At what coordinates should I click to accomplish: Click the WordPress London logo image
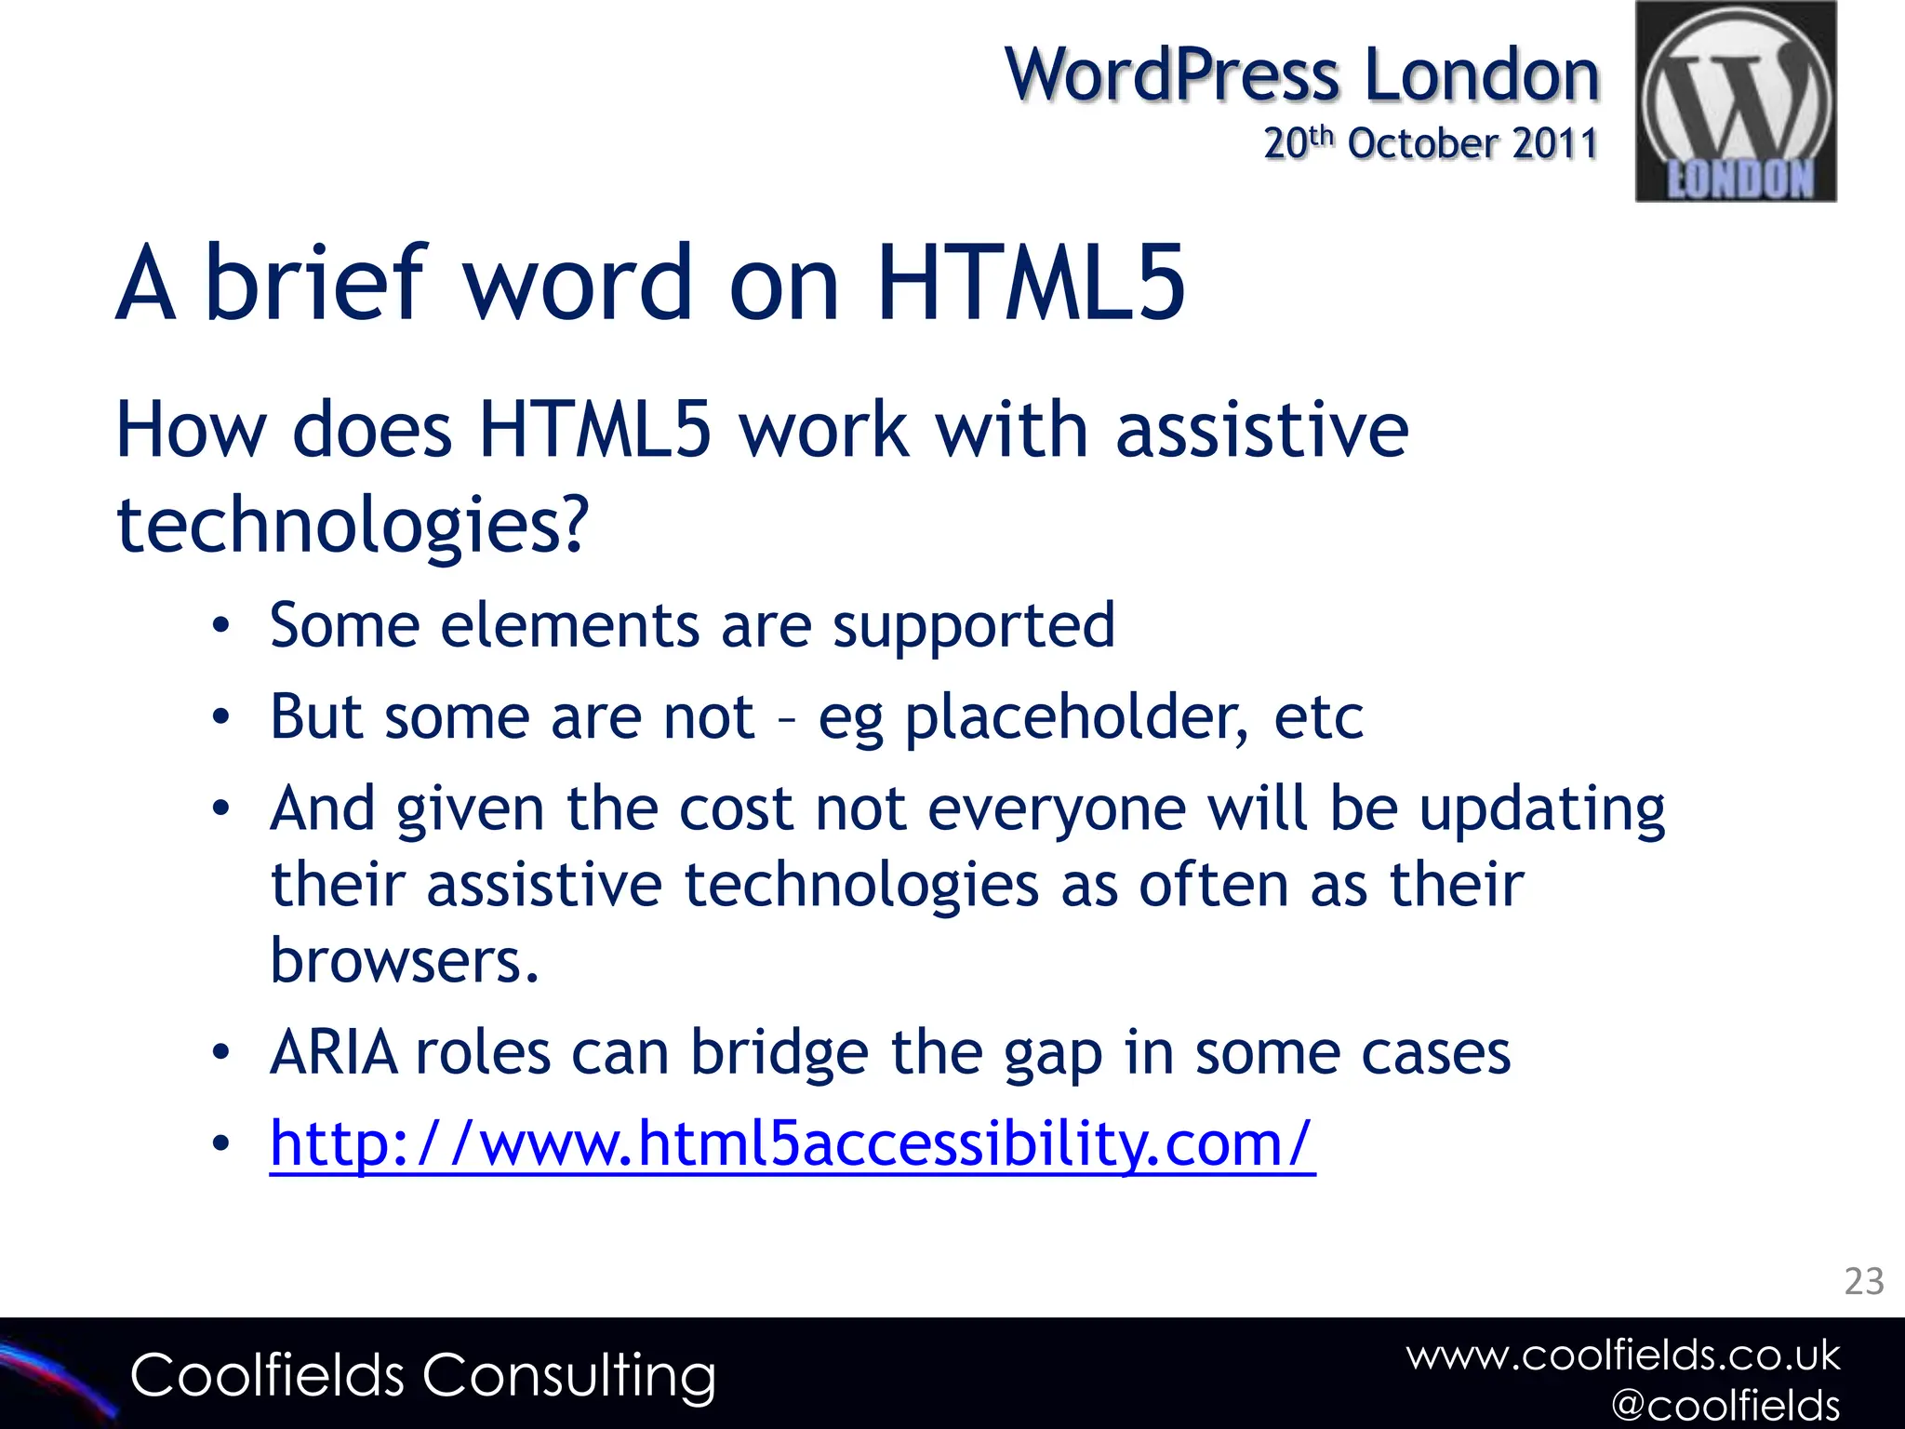(x=1736, y=101)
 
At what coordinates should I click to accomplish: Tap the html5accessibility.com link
(x=792, y=1143)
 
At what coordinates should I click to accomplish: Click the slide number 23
(x=1863, y=1281)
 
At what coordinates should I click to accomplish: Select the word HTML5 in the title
(x=1031, y=282)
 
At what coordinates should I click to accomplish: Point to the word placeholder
(x=1075, y=718)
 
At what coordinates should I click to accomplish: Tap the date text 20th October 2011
(x=1430, y=143)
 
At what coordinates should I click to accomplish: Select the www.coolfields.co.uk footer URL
(x=1622, y=1356)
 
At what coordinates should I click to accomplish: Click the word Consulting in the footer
(x=568, y=1376)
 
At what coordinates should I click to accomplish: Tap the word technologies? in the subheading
(x=353, y=525)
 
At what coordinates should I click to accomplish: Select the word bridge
(x=779, y=1053)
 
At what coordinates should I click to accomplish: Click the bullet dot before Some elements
(x=220, y=626)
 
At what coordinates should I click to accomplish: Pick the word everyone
(x=1057, y=808)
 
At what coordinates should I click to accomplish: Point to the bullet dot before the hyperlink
(x=220, y=1144)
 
